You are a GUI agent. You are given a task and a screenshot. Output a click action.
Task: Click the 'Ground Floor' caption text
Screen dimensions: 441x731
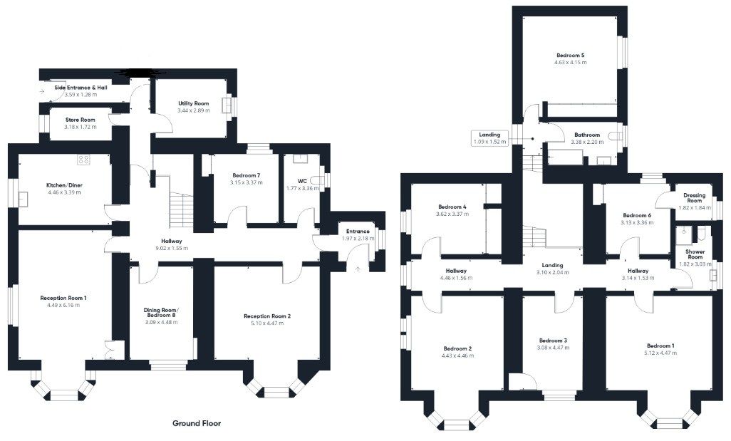pyautogui.click(x=197, y=423)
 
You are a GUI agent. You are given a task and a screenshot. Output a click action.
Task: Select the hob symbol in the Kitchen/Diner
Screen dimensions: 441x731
pyautogui.click(x=84, y=160)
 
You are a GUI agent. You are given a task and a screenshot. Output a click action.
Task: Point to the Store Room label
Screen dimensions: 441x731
pyautogui.click(x=78, y=120)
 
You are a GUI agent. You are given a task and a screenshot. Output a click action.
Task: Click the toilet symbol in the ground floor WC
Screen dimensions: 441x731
pyautogui.click(x=317, y=181)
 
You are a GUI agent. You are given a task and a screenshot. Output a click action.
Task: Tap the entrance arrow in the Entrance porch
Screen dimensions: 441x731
pyautogui.click(x=358, y=268)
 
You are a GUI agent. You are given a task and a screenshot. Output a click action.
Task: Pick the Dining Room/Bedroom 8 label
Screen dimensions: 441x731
pyautogui.click(x=161, y=312)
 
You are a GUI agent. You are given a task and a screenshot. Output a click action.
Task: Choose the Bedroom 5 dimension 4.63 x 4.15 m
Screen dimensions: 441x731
pyautogui.click(x=570, y=63)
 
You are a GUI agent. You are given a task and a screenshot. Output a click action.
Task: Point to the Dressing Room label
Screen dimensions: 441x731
pyautogui.click(x=694, y=198)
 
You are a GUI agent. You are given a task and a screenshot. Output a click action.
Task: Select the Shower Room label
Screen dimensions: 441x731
pyautogui.click(x=695, y=255)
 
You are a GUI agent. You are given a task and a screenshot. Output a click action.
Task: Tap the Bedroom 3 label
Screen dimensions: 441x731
pyautogui.click(x=553, y=341)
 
